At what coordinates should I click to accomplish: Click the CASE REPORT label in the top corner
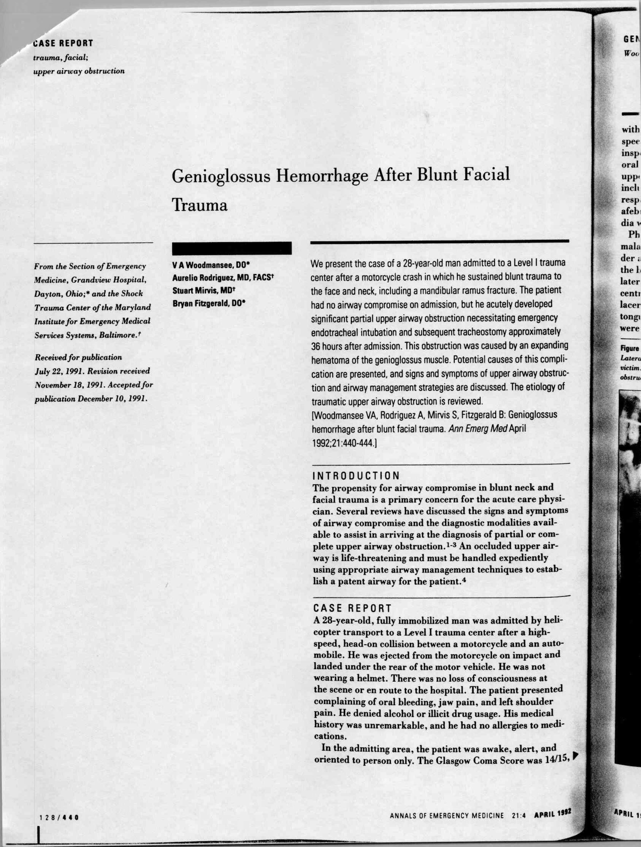tap(63, 43)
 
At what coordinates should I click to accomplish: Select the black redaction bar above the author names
tap(232, 248)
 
